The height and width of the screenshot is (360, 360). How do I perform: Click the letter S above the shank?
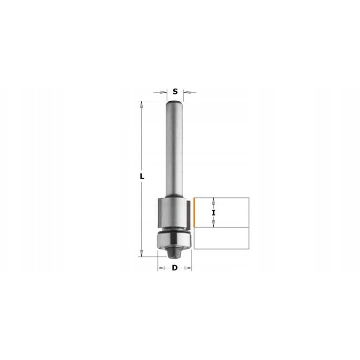[x=175, y=92]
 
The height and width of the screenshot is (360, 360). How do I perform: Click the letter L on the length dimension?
[x=142, y=176]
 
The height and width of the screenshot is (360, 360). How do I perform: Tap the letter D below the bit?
[x=175, y=268]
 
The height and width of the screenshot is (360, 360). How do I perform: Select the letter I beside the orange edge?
[x=214, y=213]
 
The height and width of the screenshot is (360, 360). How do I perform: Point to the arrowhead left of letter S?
[x=163, y=92]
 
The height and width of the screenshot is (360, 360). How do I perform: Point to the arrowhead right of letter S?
[x=187, y=92]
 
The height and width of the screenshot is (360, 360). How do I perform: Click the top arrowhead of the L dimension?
[x=141, y=104]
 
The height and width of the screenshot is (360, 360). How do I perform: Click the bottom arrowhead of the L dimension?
[x=141, y=253]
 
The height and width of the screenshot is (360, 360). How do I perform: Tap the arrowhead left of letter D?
[x=162, y=268]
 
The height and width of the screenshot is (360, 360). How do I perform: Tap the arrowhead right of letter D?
[x=188, y=268]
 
